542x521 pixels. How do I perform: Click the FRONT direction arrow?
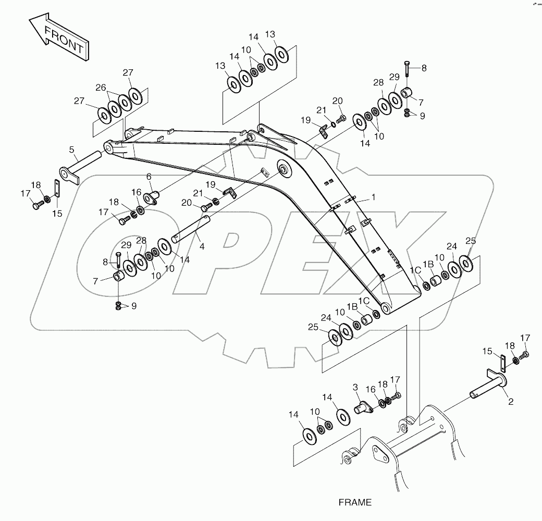click(x=59, y=37)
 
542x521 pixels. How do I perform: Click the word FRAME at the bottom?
click(x=355, y=502)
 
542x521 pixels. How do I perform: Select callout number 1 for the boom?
click(x=373, y=197)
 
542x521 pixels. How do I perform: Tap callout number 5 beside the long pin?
click(x=71, y=150)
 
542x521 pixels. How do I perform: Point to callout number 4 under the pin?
click(x=202, y=246)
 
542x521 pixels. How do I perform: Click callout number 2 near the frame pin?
click(x=511, y=402)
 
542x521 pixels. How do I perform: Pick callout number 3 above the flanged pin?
click(x=355, y=387)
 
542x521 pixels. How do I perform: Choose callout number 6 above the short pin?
click(x=149, y=177)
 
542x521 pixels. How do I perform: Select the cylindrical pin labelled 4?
click(x=191, y=229)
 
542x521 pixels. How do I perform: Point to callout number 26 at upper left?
click(x=101, y=88)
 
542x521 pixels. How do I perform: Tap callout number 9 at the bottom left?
click(x=134, y=306)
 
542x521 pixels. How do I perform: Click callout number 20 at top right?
click(x=337, y=101)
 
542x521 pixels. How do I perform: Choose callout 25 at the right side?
click(x=471, y=241)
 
